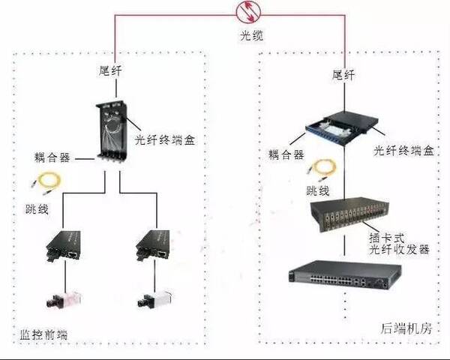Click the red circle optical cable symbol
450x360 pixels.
point(248,12)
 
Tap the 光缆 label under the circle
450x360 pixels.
point(251,36)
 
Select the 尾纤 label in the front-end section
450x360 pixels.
point(110,70)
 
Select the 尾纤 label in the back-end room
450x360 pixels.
point(343,75)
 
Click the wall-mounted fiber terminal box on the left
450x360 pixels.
point(112,131)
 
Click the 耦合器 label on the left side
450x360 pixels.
point(52,157)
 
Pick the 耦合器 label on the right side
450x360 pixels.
point(286,154)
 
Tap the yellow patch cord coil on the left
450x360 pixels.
point(47,183)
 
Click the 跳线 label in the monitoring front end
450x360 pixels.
point(37,209)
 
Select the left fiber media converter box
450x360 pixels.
point(63,246)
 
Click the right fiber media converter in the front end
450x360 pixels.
point(153,245)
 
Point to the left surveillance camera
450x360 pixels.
point(64,300)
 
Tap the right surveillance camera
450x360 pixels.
point(155,299)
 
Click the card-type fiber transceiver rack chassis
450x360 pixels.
point(349,214)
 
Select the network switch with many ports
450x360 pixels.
point(345,275)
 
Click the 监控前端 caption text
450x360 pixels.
point(43,334)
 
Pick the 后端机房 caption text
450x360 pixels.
point(406,328)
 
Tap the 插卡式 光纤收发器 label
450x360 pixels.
point(399,244)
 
